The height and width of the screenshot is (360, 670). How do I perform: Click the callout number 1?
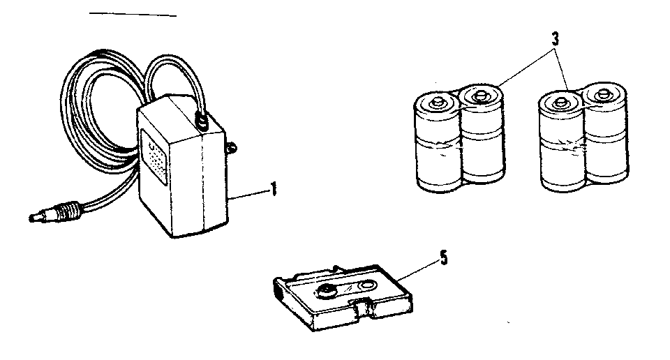(274, 189)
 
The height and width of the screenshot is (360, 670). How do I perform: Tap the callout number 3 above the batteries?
(555, 39)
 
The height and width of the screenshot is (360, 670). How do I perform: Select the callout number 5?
(444, 258)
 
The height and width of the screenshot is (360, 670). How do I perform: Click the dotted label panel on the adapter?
(154, 157)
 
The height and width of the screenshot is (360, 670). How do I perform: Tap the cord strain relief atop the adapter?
(201, 121)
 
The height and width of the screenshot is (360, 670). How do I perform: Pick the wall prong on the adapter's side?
(232, 148)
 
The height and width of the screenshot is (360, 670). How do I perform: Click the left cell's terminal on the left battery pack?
(438, 103)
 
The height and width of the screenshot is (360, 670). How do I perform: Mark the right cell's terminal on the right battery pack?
(603, 92)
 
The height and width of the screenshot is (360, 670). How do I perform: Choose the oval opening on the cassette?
(366, 285)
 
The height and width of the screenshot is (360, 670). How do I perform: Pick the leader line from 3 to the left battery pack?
(524, 66)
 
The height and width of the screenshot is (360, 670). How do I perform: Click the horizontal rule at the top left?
(133, 15)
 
